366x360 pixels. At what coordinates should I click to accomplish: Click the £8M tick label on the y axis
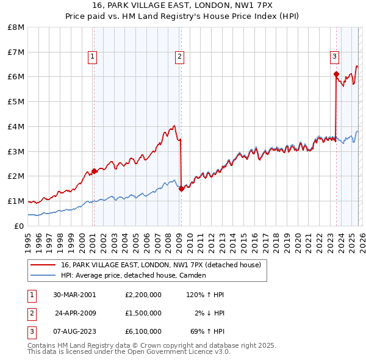16,27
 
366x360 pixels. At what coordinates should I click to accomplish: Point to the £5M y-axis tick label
16,102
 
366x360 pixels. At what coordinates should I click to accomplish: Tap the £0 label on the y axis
20,226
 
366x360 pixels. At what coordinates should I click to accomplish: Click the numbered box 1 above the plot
92,57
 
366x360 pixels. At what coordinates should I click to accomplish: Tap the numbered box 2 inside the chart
179,57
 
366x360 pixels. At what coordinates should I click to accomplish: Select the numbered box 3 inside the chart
334,57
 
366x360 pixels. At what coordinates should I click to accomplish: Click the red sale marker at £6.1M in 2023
336,74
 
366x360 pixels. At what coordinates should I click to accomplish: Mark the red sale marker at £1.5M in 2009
181,189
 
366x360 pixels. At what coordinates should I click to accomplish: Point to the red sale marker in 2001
94,171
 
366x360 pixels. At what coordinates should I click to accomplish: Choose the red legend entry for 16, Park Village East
160,265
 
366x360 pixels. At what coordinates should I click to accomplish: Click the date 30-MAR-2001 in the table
74,295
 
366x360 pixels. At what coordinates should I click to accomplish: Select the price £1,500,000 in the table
143,313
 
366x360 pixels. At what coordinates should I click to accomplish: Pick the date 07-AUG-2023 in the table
74,331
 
